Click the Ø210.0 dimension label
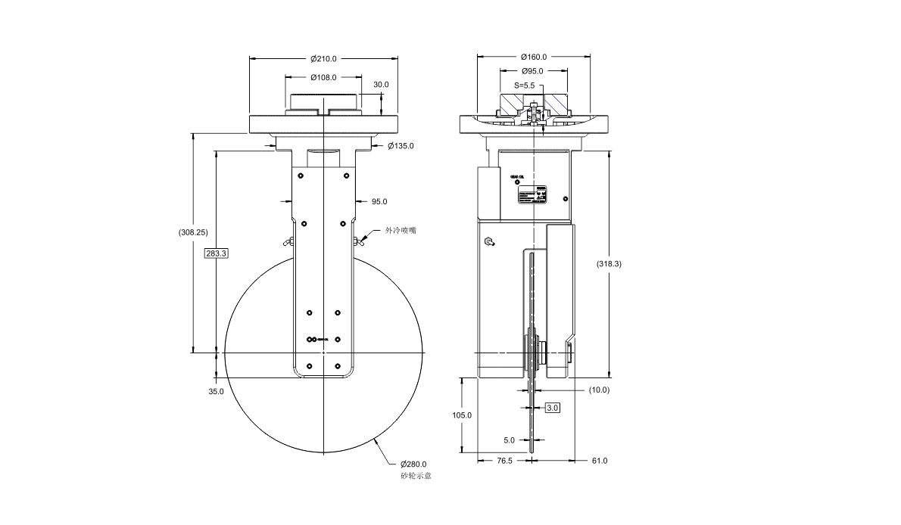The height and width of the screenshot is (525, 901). click(x=323, y=58)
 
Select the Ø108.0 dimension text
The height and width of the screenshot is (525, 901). click(x=323, y=77)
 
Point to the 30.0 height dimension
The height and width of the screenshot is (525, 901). click(x=381, y=85)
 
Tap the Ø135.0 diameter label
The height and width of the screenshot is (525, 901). click(x=401, y=145)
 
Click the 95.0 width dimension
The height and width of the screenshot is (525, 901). click(x=379, y=201)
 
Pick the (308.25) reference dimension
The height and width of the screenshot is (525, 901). click(x=192, y=232)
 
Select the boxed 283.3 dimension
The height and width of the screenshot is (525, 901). click(x=216, y=253)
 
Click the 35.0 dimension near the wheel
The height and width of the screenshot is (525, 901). click(x=216, y=391)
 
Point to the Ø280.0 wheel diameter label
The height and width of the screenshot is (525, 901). click(x=414, y=464)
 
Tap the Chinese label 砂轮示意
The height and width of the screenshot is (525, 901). click(x=416, y=476)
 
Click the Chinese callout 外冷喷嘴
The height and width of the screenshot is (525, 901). click(x=401, y=231)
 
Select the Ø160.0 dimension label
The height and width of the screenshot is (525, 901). click(x=534, y=57)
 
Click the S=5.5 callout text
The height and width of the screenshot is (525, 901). click(x=525, y=85)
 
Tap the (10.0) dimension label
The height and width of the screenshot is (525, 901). click(x=599, y=390)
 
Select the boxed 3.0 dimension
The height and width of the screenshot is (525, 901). click(x=553, y=408)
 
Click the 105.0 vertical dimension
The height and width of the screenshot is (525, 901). click(x=462, y=415)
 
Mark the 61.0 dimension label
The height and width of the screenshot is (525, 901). click(x=599, y=460)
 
